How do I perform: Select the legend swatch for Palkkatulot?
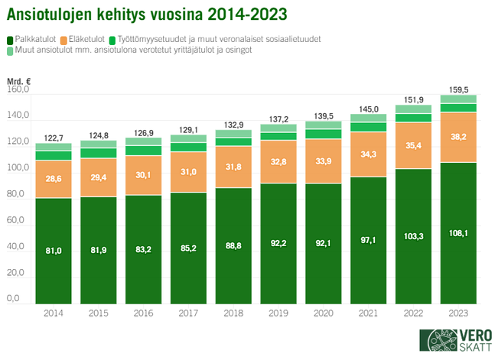click(x=10, y=38)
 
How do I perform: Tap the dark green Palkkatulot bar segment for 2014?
click(x=54, y=250)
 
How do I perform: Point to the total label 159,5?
click(x=458, y=89)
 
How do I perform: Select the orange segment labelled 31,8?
click(x=233, y=167)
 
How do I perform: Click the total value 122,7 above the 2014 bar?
click(x=54, y=138)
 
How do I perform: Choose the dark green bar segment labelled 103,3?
click(x=413, y=235)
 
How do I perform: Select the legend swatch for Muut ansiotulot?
click(x=10, y=50)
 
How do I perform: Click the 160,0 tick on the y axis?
click(x=18, y=89)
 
